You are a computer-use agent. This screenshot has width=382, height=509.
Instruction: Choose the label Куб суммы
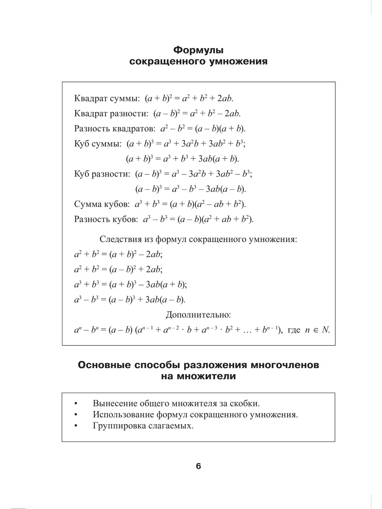click(x=98, y=144)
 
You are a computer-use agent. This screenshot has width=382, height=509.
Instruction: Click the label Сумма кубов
click(x=101, y=204)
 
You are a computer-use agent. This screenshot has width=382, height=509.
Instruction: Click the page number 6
click(x=198, y=466)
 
